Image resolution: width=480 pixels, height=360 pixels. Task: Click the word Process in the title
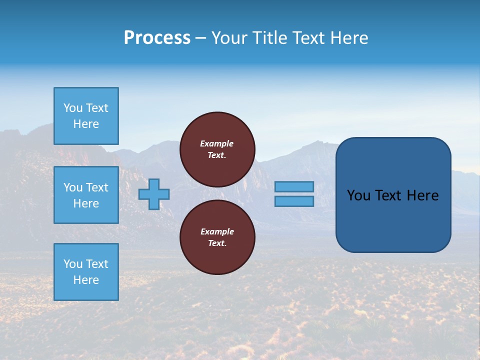157,38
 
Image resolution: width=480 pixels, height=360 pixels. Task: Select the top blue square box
86,116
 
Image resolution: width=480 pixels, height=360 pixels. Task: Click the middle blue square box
86,195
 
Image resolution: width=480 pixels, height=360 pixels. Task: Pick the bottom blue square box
86,272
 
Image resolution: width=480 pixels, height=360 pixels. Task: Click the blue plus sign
154,194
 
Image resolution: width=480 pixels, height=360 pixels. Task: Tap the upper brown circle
217,149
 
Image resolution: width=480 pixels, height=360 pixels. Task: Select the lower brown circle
217,237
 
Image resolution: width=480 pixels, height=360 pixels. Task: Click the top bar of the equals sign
294,187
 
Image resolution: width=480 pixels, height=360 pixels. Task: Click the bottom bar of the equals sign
294,201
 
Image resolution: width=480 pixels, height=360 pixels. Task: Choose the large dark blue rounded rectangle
393,220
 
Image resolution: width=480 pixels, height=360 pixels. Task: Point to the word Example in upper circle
217,143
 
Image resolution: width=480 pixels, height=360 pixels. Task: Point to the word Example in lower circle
217,231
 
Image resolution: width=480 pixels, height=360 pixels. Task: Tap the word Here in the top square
86,124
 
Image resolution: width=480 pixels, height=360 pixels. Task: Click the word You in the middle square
72,187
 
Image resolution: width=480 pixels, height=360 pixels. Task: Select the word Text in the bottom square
97,264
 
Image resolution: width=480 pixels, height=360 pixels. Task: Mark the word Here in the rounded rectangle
422,195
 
